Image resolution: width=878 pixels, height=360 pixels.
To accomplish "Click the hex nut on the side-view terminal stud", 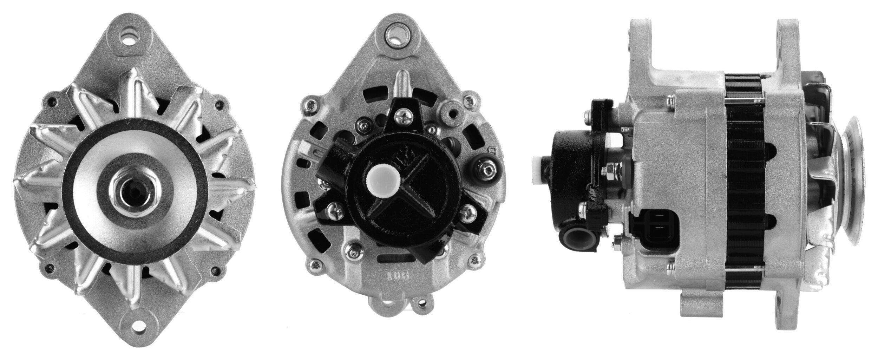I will click(606, 171).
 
